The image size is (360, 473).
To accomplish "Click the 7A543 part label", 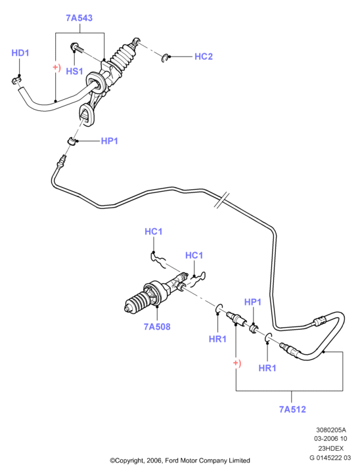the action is (79, 18).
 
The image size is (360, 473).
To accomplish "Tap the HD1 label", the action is (20, 53).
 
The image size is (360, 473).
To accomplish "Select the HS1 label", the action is (74, 71).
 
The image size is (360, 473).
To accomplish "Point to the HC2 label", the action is (204, 56).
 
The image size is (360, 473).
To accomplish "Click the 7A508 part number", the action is (157, 327).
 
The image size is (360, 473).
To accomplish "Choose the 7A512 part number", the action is (292, 409).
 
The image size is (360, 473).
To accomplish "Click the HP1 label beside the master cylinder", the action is (109, 141).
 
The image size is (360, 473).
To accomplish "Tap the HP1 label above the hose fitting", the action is (252, 302).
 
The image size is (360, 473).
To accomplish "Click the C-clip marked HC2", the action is (164, 58).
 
